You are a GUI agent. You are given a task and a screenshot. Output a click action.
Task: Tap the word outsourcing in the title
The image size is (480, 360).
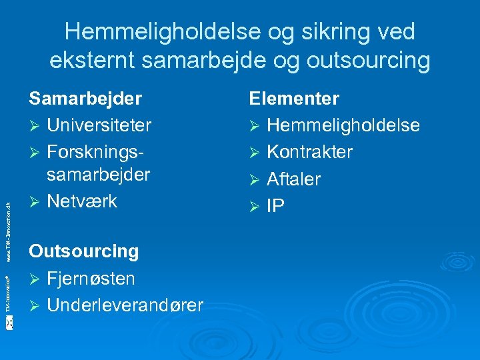tap(368, 60)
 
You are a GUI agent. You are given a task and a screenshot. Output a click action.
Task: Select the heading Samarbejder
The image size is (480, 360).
tap(85, 99)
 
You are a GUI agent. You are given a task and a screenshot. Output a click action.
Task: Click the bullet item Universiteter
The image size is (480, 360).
tap(99, 125)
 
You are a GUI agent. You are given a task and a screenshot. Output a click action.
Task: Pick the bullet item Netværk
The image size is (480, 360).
tap(82, 201)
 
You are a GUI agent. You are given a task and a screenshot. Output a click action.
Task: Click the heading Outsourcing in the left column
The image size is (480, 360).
tap(83, 251)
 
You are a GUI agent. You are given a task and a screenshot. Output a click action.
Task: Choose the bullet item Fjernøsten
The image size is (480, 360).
tap(91, 277)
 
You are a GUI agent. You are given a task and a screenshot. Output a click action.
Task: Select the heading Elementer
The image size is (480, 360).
tap(294, 99)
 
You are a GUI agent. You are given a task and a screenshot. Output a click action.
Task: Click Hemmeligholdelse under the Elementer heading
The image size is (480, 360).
tap(343, 125)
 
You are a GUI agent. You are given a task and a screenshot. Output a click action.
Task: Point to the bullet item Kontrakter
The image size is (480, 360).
tap(309, 151)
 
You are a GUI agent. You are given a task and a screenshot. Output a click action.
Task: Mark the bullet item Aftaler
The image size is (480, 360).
tap(293, 179)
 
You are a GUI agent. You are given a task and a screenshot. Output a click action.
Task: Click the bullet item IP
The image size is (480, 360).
tap(275, 206)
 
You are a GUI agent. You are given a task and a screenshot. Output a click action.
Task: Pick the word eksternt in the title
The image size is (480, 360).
tap(93, 60)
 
